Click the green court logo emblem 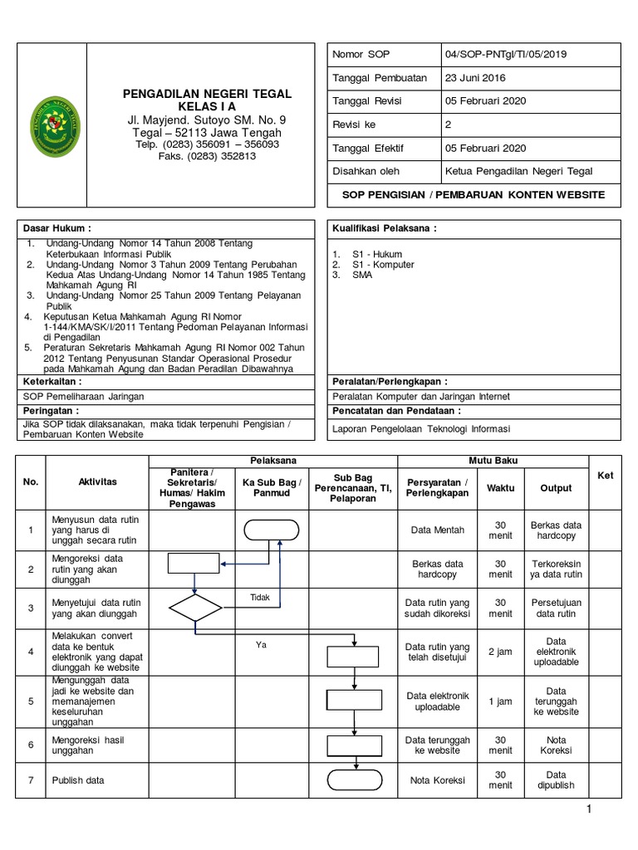point(56,125)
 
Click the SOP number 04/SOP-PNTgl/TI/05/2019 point(507,55)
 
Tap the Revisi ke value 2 point(449,125)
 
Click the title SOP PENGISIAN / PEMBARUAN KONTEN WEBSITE point(474,195)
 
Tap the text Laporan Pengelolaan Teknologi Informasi point(421,429)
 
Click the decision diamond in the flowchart point(195,608)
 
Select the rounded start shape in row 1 point(272,530)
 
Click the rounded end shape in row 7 point(355,780)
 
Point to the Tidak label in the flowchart point(260,597)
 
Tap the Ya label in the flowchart point(260,645)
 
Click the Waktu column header point(500,488)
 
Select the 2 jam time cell point(500,652)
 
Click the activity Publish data point(78,780)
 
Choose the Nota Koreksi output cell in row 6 point(557,745)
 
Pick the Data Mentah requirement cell point(438,530)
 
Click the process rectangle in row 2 point(194,564)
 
